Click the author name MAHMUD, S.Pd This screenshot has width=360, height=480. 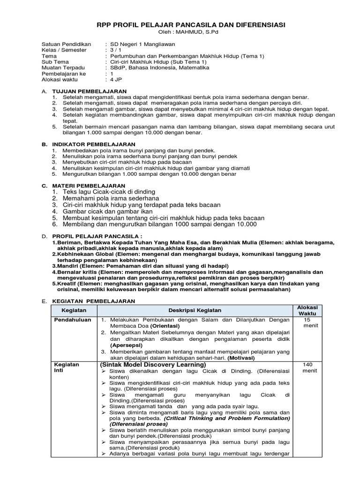[194, 32]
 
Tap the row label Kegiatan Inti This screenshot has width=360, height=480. [67, 367]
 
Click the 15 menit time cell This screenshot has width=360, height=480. [307, 322]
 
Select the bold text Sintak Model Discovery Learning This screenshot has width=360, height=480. [153, 365]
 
